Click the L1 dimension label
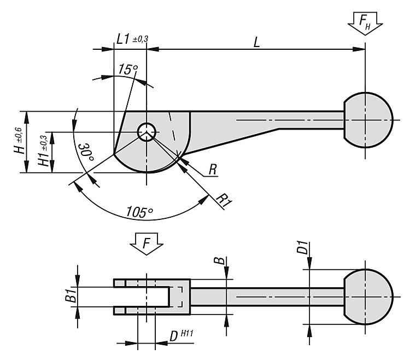tap(124, 39)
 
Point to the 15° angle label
tap(127, 69)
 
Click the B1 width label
tap(69, 297)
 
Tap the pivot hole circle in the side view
tap(147, 131)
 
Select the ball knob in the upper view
tap(367, 120)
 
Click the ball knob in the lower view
tap(367, 297)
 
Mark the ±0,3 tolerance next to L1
tap(140, 38)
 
